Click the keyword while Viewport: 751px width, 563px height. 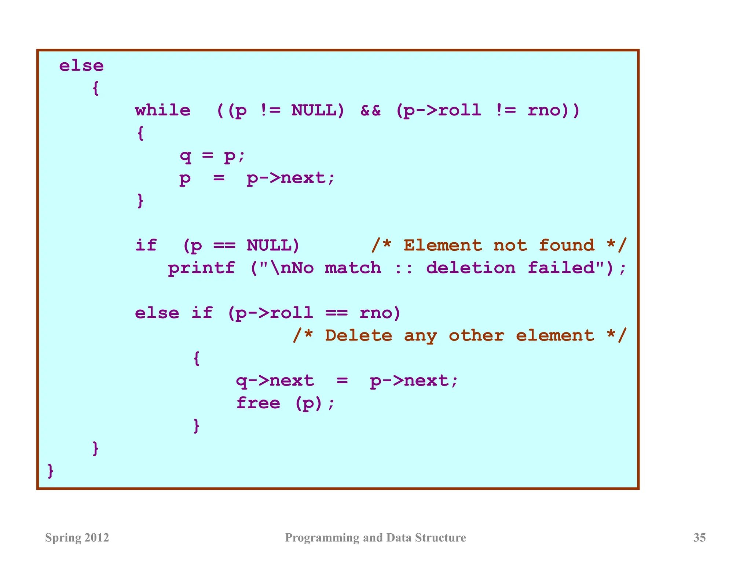[x=163, y=110]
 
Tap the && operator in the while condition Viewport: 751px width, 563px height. [x=371, y=110]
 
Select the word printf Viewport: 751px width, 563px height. [x=201, y=268]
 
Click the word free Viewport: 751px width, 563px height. [x=258, y=403]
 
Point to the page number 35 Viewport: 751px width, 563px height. [x=699, y=537]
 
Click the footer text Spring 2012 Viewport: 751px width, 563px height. [x=77, y=537]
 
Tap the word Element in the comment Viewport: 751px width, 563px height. [x=443, y=245]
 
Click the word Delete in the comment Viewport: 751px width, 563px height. [x=358, y=335]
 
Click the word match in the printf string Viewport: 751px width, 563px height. [x=353, y=268]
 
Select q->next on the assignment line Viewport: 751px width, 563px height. [x=275, y=381]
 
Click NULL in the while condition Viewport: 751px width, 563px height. [x=318, y=110]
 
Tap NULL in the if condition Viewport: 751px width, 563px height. [x=273, y=245]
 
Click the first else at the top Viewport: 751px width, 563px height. [x=81, y=66]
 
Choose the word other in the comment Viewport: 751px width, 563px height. [x=476, y=335]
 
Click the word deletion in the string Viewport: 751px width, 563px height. [x=470, y=268]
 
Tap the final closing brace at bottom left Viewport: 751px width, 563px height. [x=51, y=471]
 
